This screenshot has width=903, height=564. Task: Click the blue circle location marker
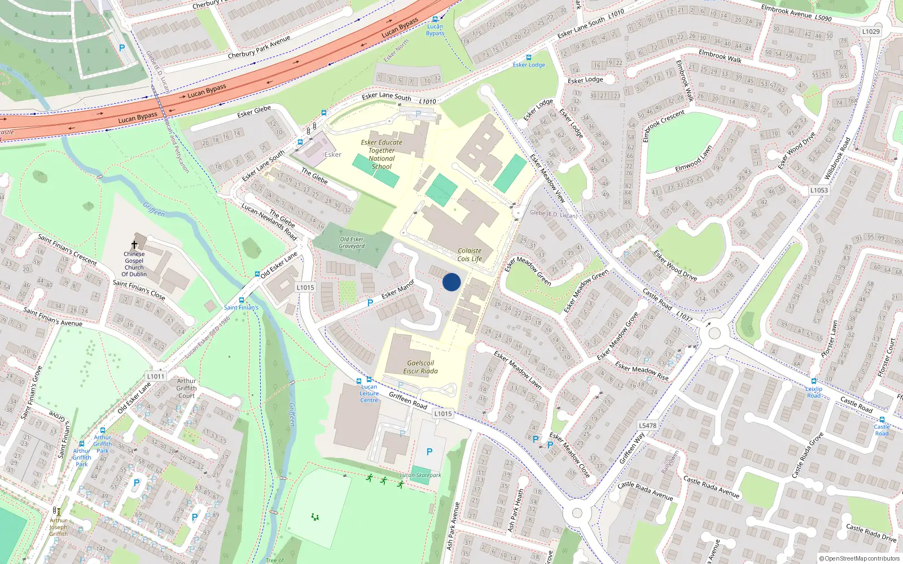tap(451, 282)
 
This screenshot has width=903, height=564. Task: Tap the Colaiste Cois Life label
tap(470, 255)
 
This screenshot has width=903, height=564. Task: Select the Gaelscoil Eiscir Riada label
tap(420, 367)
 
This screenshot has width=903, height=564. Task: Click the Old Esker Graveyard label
tap(352, 243)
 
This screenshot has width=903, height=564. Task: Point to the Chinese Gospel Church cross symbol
tap(134, 245)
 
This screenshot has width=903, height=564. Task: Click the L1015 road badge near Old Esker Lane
tap(305, 288)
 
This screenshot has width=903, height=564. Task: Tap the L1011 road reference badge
tap(156, 376)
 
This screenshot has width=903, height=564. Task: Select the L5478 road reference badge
tap(647, 425)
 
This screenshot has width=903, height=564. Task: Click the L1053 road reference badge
tap(819, 190)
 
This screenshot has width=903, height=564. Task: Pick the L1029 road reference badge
tap(871, 32)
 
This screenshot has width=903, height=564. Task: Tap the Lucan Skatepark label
tap(420, 475)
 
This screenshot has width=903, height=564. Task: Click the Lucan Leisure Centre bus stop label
tap(369, 393)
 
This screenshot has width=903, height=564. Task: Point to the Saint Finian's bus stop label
tap(241, 307)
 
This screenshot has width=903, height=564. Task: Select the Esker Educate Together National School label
tap(382, 155)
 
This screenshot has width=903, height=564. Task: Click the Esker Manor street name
tap(398, 289)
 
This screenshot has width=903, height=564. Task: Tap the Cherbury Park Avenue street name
tap(258, 47)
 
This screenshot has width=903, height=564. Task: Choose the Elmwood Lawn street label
tap(694, 160)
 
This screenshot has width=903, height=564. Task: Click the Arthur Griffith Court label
tap(186, 388)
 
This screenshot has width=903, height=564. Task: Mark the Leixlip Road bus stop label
tap(814, 392)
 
